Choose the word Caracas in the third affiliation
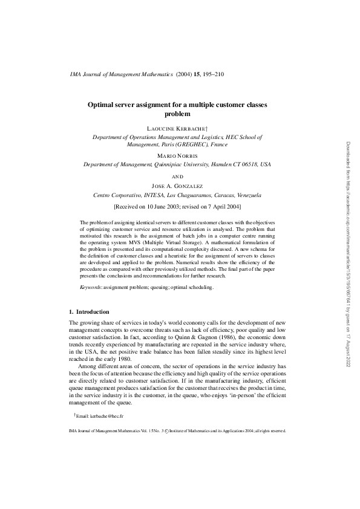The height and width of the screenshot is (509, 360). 216,195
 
